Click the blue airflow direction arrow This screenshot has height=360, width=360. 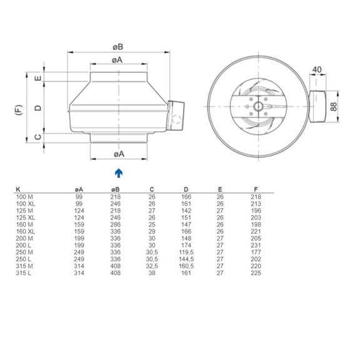(x=119, y=172)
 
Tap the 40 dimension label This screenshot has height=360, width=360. (x=318, y=69)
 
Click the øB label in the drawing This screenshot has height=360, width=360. (x=117, y=46)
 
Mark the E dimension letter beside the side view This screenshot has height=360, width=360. (x=38, y=79)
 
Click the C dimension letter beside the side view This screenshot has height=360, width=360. (x=38, y=137)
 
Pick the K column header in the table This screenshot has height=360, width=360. (x=17, y=188)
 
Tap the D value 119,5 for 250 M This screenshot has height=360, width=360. (x=186, y=251)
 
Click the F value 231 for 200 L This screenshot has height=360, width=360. (x=255, y=244)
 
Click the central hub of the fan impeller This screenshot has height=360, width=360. (x=257, y=107)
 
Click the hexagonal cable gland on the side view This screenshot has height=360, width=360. (x=178, y=117)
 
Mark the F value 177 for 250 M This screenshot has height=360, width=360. (x=255, y=251)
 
